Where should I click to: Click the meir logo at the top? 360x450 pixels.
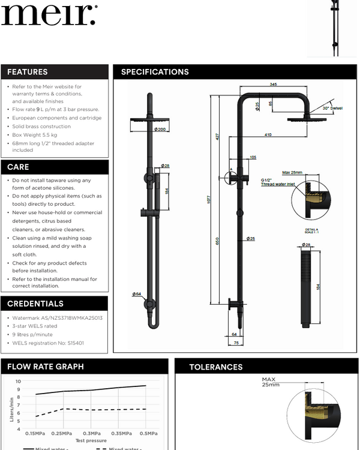click(x=48, y=14)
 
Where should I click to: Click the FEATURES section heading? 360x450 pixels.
click(x=28, y=72)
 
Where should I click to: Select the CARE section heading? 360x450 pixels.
click(x=18, y=167)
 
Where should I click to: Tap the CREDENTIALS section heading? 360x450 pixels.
click(x=35, y=304)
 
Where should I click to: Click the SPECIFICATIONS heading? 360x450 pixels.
click(x=155, y=72)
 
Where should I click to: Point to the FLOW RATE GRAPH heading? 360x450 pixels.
click(x=46, y=367)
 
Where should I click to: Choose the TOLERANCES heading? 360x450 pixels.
click(x=216, y=367)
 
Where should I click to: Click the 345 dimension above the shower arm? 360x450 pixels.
click(x=274, y=85)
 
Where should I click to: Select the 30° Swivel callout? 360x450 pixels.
click(x=332, y=108)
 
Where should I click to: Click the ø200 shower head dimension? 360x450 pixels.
click(x=160, y=129)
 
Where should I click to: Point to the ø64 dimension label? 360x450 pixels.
click(x=137, y=293)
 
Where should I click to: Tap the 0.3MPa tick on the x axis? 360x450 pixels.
click(x=91, y=433)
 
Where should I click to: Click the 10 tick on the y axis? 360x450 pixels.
click(x=18, y=381)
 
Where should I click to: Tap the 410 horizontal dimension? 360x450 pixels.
click(x=268, y=135)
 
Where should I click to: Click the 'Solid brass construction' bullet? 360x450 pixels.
click(x=41, y=127)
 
